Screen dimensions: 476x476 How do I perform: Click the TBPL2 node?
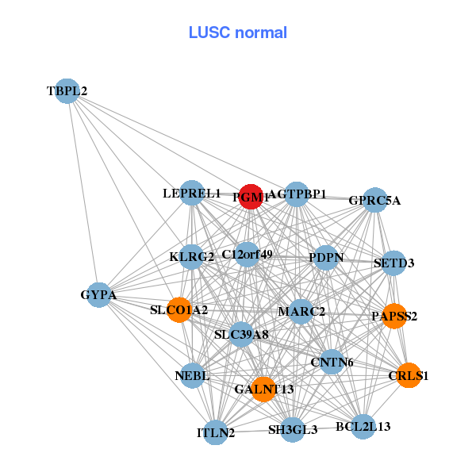click(67, 91)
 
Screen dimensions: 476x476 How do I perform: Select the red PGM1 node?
click(250, 198)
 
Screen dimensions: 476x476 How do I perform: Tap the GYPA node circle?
click(98, 295)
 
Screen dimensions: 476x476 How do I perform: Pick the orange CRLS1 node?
click(409, 375)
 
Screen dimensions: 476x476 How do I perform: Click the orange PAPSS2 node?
click(394, 316)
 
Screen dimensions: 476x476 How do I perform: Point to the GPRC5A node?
click(374, 200)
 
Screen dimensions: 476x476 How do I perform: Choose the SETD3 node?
click(394, 263)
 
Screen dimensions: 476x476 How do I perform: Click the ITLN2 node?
click(216, 432)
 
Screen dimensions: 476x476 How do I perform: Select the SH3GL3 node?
click(293, 429)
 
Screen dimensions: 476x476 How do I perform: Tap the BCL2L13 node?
click(363, 427)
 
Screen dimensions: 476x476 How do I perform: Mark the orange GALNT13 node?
click(264, 389)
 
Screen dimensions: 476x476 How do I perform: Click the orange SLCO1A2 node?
click(179, 309)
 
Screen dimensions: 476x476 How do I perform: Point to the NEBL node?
click(192, 375)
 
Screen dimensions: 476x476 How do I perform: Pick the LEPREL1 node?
click(192, 193)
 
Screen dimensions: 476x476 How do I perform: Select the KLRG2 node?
click(192, 257)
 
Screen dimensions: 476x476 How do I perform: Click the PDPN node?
click(325, 257)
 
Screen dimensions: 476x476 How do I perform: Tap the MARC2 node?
click(301, 311)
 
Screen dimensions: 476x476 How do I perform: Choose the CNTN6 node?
click(332, 363)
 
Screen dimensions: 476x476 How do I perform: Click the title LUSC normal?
click(238, 33)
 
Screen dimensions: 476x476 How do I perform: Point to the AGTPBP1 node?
click(297, 194)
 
